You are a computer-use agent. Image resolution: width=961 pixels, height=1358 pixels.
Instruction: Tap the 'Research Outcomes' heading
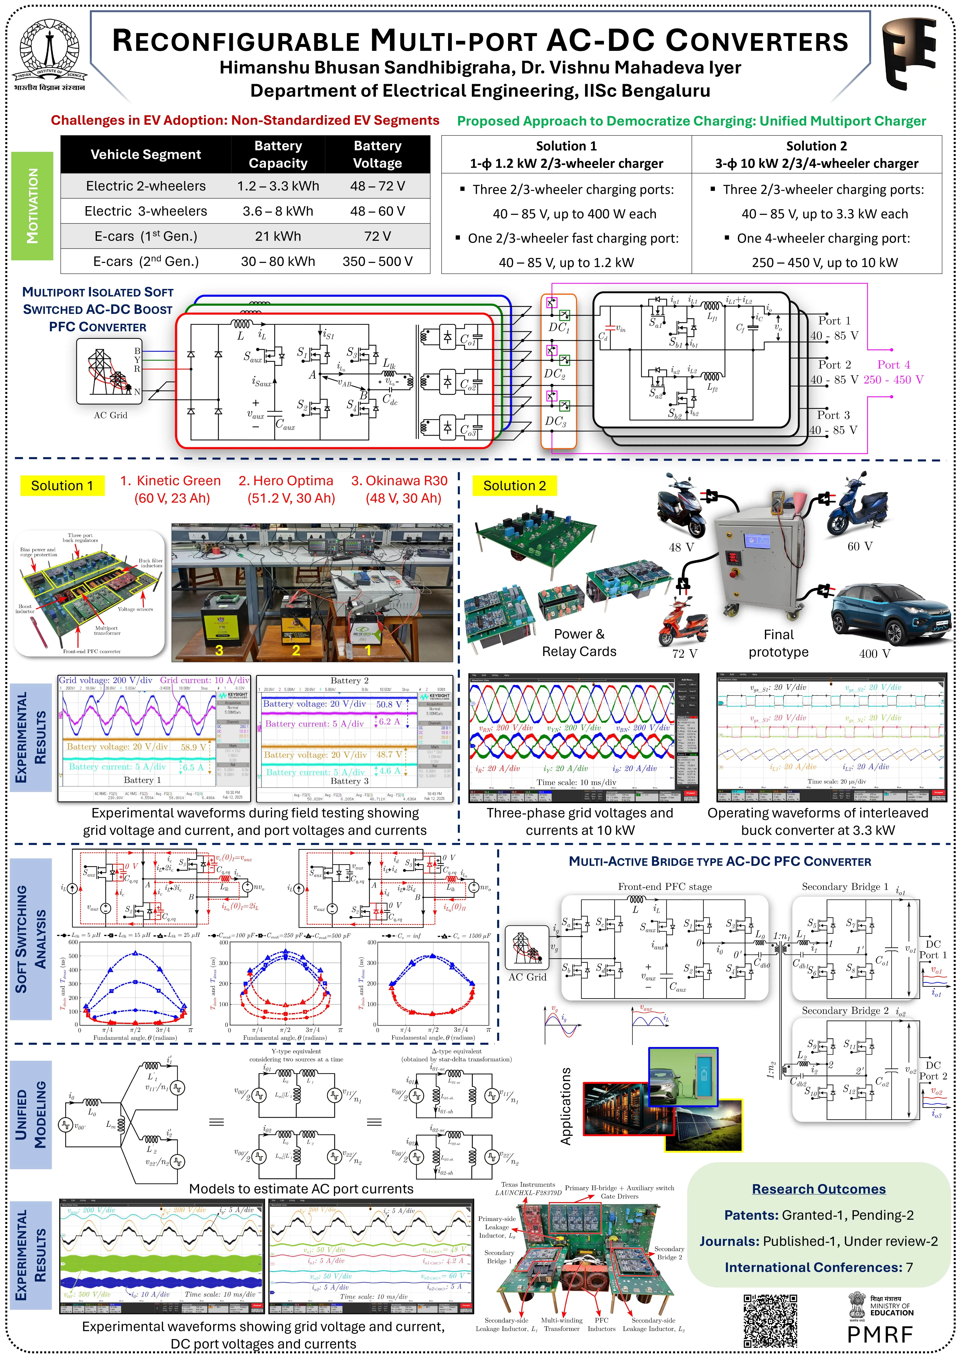pyautogui.click(x=818, y=1189)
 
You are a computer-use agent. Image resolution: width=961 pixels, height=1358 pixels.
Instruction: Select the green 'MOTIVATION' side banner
pyautogui.click(x=33, y=206)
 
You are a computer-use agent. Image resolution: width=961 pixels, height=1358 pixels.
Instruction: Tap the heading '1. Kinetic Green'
pyautogui.click(x=170, y=481)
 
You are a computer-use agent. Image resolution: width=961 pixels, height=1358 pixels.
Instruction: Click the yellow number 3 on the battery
pyautogui.click(x=219, y=650)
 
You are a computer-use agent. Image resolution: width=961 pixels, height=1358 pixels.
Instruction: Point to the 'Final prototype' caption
pyautogui.click(x=778, y=643)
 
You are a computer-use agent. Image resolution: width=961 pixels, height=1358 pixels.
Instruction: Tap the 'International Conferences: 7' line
pyautogui.click(x=818, y=1267)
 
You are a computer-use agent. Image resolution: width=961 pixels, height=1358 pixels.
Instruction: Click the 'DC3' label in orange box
pyautogui.click(x=556, y=421)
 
